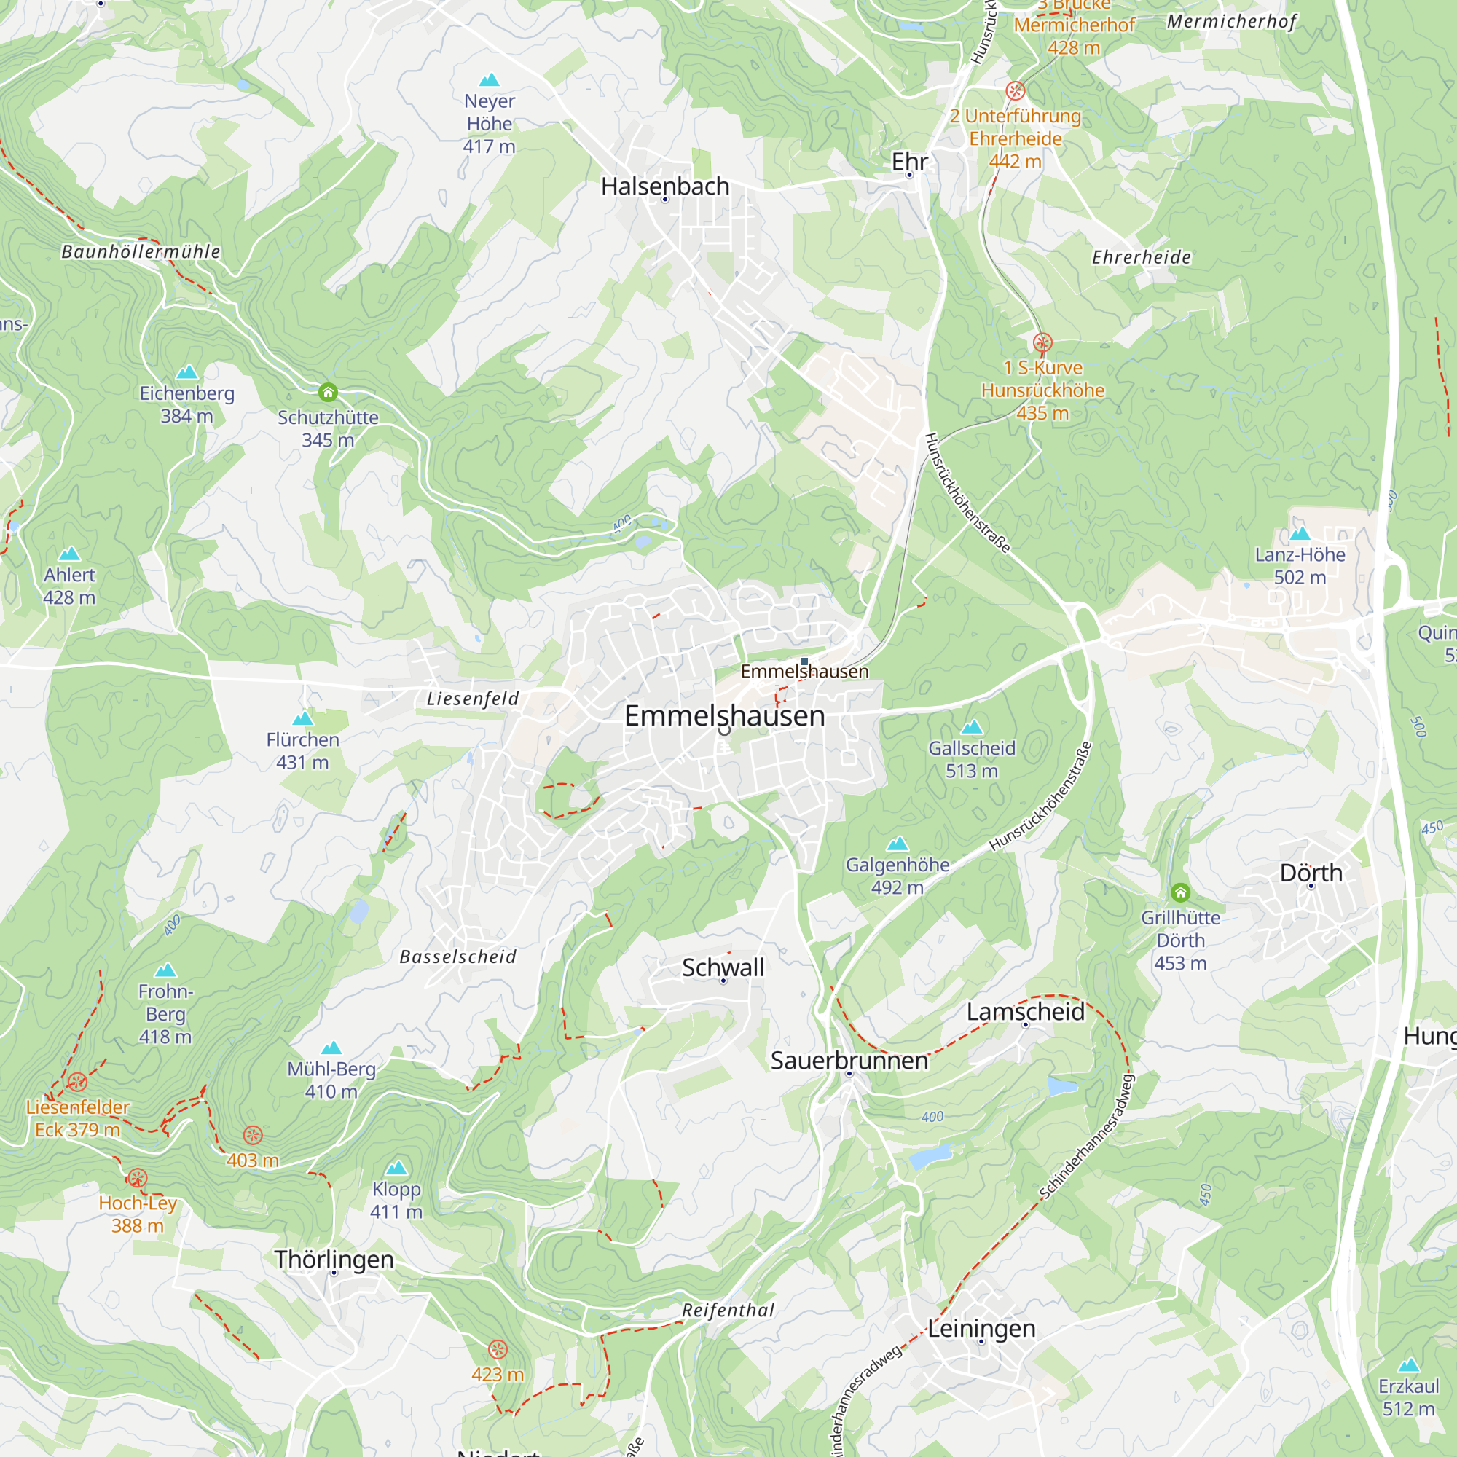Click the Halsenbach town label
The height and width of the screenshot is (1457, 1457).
(x=665, y=186)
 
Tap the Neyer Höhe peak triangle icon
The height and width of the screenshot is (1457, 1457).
(x=490, y=80)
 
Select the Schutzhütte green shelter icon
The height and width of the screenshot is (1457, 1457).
(x=327, y=392)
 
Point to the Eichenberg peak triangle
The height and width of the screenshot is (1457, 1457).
(x=187, y=372)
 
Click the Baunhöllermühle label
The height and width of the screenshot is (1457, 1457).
(x=141, y=252)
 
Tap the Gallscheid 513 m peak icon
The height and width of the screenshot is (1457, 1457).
(x=972, y=727)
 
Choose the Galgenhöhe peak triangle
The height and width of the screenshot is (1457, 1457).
(x=898, y=843)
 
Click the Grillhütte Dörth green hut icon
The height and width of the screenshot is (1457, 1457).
(x=1180, y=893)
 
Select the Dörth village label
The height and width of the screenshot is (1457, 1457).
(x=1311, y=873)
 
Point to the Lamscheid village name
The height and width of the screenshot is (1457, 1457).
(x=1026, y=1011)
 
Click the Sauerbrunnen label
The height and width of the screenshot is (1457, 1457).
(x=849, y=1060)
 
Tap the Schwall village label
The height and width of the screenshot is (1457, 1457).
(x=723, y=967)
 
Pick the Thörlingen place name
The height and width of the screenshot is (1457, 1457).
(x=334, y=1260)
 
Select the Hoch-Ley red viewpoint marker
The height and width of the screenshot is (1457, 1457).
(x=137, y=1178)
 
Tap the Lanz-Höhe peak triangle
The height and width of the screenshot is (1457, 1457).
(x=1300, y=534)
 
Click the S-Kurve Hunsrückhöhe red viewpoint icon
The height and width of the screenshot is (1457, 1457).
(x=1042, y=343)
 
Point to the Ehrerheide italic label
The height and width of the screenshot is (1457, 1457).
(x=1141, y=257)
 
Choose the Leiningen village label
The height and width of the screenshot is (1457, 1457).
(x=981, y=1328)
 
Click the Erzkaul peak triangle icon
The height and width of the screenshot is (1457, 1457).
(x=1408, y=1365)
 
